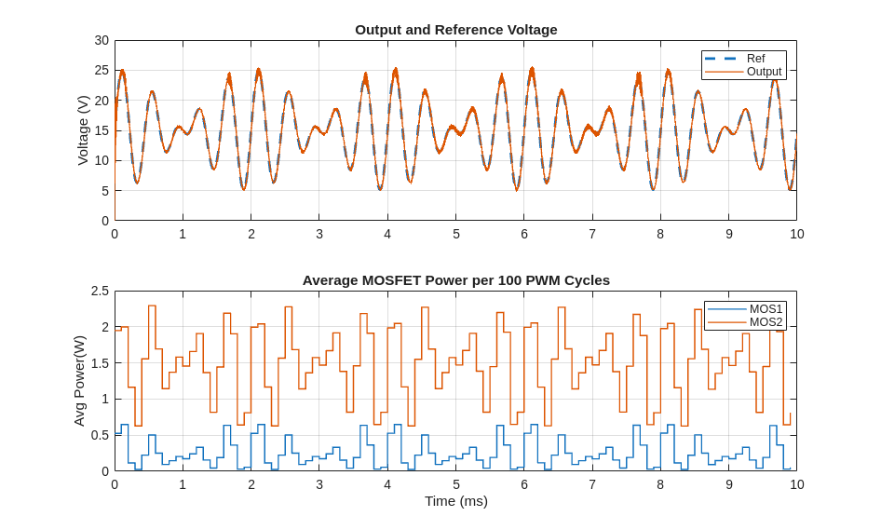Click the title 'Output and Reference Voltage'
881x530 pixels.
tap(455, 29)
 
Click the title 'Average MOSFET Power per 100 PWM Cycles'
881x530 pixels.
tap(455, 279)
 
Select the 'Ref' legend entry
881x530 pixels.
tap(755, 59)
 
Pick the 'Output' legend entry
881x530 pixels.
tap(764, 72)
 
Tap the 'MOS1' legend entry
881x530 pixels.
tap(766, 309)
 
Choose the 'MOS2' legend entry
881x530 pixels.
tap(766, 322)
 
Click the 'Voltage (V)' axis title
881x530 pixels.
tap(83, 130)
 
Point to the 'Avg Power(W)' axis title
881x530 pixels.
tap(79, 381)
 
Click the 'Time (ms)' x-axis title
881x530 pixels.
tap(455, 500)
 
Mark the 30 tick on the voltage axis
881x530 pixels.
tap(102, 40)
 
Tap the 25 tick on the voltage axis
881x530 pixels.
tap(102, 70)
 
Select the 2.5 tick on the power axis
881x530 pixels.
tap(100, 291)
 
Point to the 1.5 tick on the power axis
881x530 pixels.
tap(100, 363)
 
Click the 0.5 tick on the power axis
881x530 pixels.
tap(100, 435)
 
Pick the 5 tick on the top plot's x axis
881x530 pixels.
tap(456, 234)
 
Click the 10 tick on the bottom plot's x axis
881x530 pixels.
tap(797, 484)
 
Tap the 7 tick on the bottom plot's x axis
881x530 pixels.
tap(592, 484)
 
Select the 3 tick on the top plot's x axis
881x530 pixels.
tap(319, 234)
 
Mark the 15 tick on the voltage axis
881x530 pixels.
tap(102, 130)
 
